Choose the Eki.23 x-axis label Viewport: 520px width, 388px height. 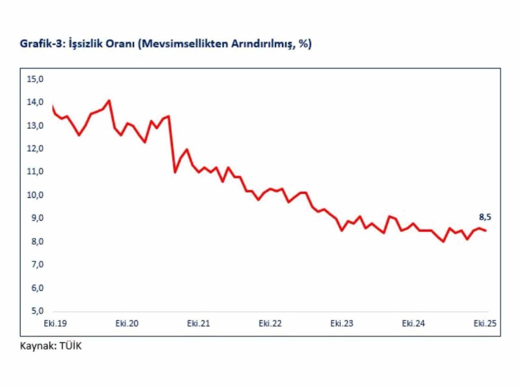[x=342, y=323]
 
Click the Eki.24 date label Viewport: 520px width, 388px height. [x=414, y=323]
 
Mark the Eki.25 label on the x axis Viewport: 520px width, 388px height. [x=485, y=323]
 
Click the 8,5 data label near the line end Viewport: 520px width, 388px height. [x=485, y=217]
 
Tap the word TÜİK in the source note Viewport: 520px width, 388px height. [x=71, y=347]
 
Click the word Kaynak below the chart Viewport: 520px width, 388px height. [x=36, y=347]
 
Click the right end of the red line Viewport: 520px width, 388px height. [x=486, y=230]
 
